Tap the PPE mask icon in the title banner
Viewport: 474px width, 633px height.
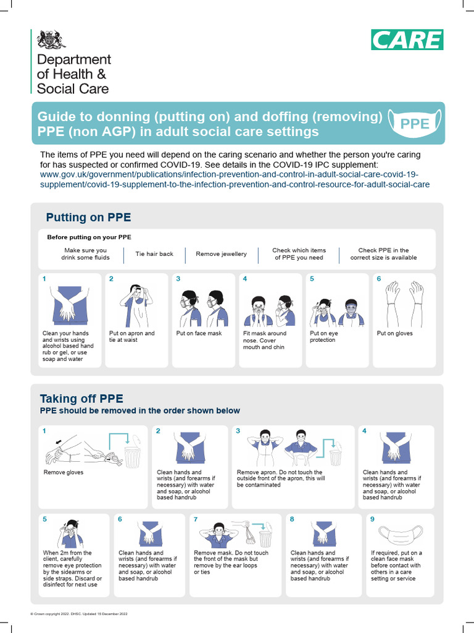[415, 123]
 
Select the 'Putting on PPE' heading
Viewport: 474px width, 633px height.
[88, 218]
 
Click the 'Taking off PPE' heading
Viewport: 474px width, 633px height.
[81, 398]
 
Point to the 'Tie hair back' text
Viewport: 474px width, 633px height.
[154, 254]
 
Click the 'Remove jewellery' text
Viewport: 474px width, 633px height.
[221, 254]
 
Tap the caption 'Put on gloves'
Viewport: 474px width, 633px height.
[394, 334]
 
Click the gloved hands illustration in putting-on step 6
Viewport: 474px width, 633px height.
[405, 304]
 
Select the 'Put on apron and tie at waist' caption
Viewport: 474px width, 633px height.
[132, 337]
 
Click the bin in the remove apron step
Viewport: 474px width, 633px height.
[335, 457]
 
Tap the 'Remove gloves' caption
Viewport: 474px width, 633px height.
[63, 472]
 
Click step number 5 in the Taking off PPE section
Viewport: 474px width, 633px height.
[45, 519]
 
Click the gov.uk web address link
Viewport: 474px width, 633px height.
[235, 180]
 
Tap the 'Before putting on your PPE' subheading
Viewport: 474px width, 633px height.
[89, 237]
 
